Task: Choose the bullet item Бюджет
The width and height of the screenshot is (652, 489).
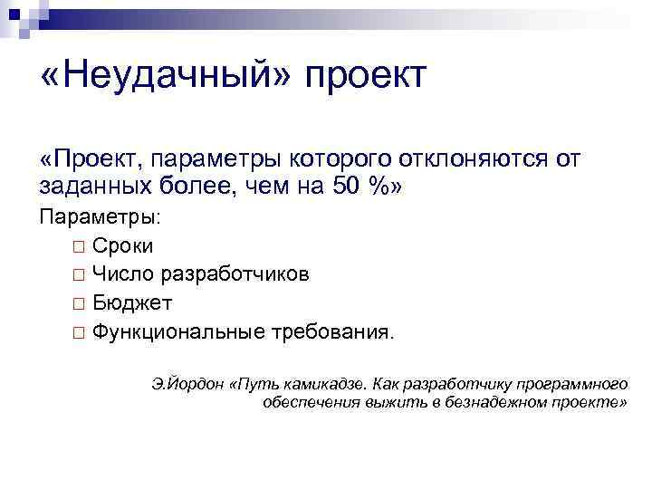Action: tap(131, 303)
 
